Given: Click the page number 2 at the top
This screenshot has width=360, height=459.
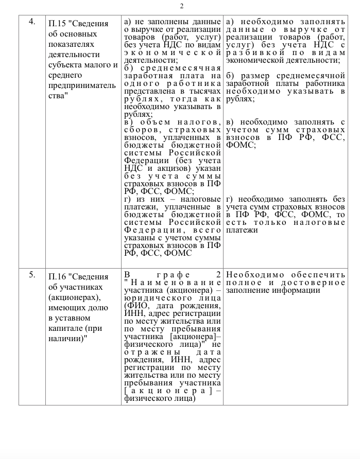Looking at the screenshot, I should [x=181, y=6].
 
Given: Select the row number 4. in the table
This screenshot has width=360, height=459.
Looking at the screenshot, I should [x=32, y=22].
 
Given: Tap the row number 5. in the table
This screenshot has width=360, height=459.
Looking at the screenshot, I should [x=32, y=275].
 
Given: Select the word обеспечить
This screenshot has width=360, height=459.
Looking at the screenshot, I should [x=319, y=275].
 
